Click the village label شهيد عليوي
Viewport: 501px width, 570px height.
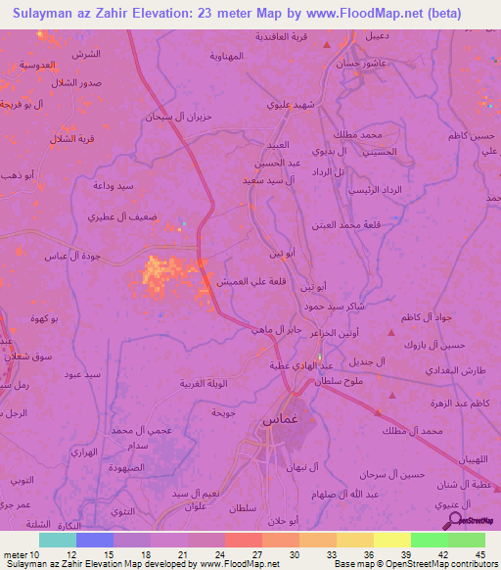(x=291, y=102)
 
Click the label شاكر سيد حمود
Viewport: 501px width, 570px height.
(x=357, y=308)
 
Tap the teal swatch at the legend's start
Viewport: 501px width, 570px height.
(x=57, y=540)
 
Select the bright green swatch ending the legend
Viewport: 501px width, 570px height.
(x=466, y=540)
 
